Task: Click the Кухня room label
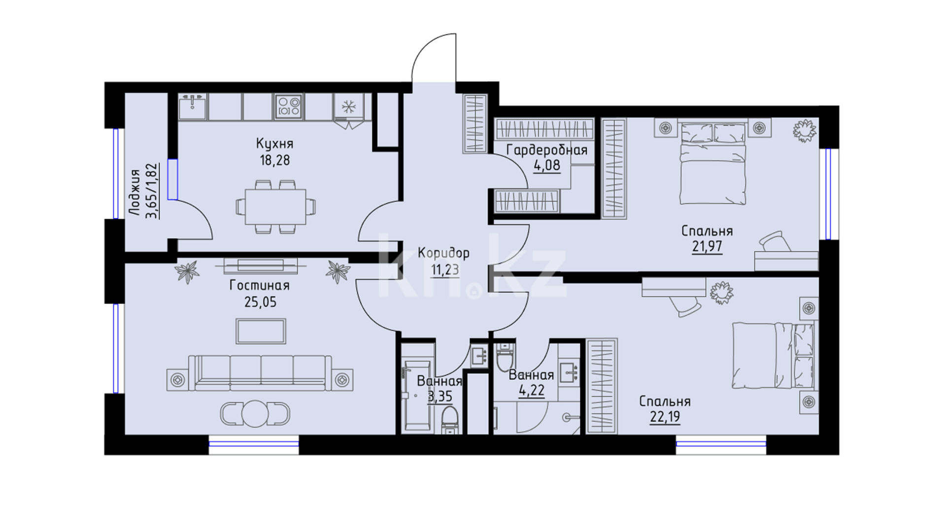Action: tap(274, 144)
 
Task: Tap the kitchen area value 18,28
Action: tap(274, 161)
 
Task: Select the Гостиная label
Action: tap(260, 285)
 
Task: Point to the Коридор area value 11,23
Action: tap(444, 270)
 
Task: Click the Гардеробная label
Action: tap(547, 150)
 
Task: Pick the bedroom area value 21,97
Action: tap(707, 246)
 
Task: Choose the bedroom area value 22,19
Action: tap(665, 417)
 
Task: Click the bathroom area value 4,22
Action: tap(532, 391)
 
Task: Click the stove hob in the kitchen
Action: tap(289, 106)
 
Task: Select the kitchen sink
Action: tap(193, 106)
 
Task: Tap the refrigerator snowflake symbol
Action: tap(349, 106)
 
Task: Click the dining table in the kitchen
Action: tap(275, 206)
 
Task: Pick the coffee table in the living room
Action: tap(261, 331)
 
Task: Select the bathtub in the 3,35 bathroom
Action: tap(417, 397)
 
